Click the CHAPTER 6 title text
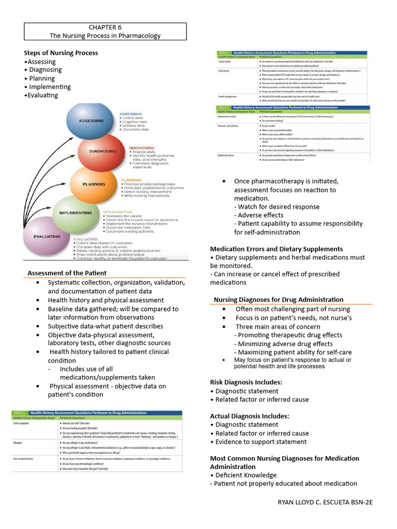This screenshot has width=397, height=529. pos(105,27)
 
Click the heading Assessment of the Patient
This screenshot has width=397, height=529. pos(67,273)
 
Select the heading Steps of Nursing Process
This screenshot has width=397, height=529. pos(61,53)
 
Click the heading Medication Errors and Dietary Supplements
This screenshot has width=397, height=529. pos(277,249)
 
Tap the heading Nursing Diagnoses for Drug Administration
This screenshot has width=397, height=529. pos(279,300)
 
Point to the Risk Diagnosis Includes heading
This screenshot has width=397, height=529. pos(246,382)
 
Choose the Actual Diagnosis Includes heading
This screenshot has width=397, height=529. pos(250,416)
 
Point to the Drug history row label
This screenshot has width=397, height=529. pos(224,70)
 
